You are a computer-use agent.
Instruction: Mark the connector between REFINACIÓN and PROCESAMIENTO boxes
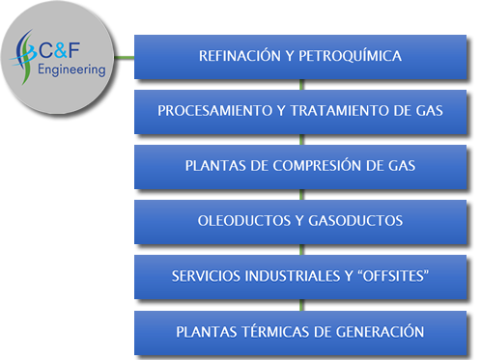pyautogui.click(x=300, y=84)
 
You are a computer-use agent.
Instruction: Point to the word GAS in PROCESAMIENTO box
pyautogui.click(x=430, y=111)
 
